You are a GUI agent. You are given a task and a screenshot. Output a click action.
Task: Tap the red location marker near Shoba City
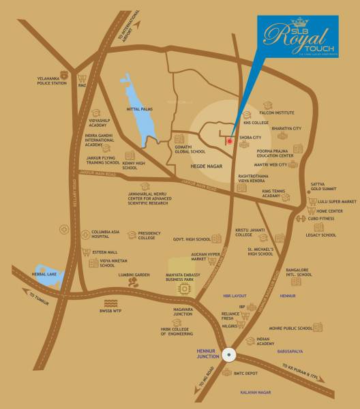point(230,141)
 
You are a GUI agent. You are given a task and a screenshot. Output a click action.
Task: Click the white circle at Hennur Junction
point(230,356)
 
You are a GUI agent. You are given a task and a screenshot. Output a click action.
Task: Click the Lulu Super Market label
point(341,202)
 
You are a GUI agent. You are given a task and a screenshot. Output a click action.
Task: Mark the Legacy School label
point(320,235)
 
